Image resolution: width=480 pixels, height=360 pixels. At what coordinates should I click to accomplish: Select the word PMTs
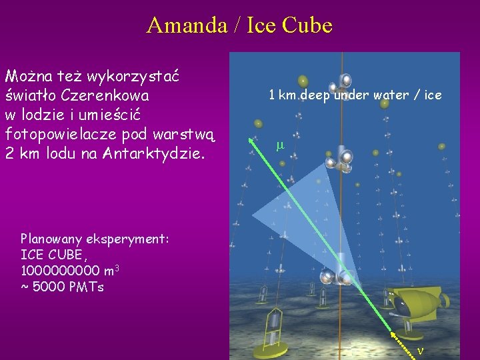tap(87, 287)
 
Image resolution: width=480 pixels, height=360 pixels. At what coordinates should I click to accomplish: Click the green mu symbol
tap(280, 145)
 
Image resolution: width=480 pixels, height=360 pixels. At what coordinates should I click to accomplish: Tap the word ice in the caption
tap(433, 95)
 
